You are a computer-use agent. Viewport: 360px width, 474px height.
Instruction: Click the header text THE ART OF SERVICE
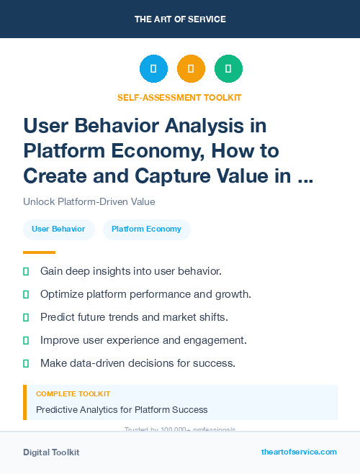pyautogui.click(x=180, y=19)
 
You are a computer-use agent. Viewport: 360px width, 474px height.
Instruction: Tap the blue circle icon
pyautogui.click(x=153, y=69)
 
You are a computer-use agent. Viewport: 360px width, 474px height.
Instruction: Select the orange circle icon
pyautogui.click(x=191, y=69)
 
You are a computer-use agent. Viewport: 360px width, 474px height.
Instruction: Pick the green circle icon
pyautogui.click(x=228, y=69)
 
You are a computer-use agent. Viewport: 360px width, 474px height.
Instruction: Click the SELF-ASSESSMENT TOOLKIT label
pyautogui.click(x=179, y=97)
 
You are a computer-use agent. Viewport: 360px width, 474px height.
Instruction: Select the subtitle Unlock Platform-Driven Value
pyautogui.click(x=89, y=202)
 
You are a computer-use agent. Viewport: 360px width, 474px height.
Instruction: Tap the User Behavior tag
pyautogui.click(x=58, y=229)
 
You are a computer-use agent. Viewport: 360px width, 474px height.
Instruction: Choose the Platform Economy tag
pyautogui.click(x=147, y=229)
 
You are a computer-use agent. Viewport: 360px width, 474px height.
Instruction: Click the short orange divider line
pyautogui.click(x=39, y=252)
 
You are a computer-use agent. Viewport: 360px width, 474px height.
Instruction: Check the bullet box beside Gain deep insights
pyautogui.click(x=26, y=271)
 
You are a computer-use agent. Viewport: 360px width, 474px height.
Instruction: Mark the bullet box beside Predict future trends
pyautogui.click(x=26, y=317)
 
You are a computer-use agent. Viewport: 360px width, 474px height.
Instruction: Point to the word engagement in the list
pyautogui.click(x=215, y=340)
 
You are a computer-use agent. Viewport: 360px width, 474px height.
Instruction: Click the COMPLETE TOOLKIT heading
pyautogui.click(x=73, y=394)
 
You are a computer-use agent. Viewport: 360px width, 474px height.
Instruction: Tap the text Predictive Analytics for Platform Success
pyautogui.click(x=122, y=410)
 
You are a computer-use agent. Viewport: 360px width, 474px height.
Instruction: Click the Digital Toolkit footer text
pyautogui.click(x=51, y=452)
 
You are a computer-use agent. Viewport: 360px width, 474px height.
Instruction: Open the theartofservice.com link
pyautogui.click(x=299, y=452)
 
